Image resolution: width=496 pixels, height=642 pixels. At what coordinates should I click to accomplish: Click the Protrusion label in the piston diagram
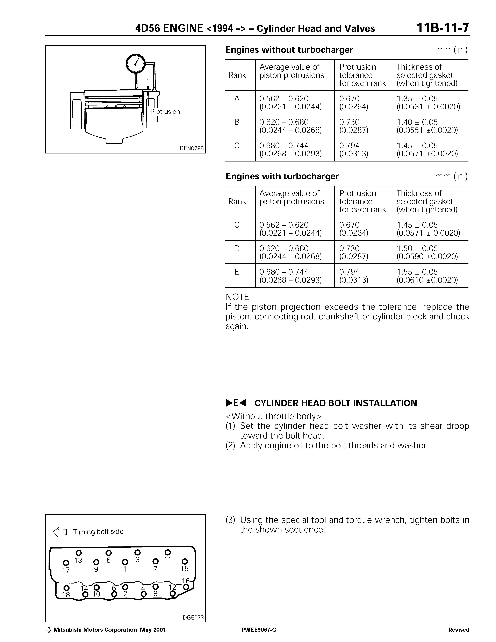tap(165, 112)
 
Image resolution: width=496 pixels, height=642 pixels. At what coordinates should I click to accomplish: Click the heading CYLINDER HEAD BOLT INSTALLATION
tap(335, 403)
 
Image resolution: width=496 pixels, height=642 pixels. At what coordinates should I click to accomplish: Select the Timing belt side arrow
tap(60, 532)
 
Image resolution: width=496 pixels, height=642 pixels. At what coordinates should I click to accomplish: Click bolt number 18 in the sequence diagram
tap(66, 588)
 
